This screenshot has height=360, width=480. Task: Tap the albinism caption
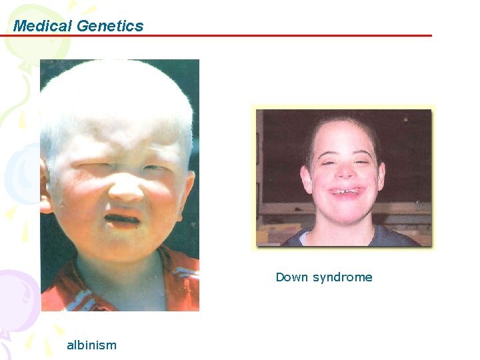coord(91,345)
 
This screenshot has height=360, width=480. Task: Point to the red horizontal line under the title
coord(267,35)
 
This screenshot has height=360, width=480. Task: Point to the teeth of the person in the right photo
coord(342,192)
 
